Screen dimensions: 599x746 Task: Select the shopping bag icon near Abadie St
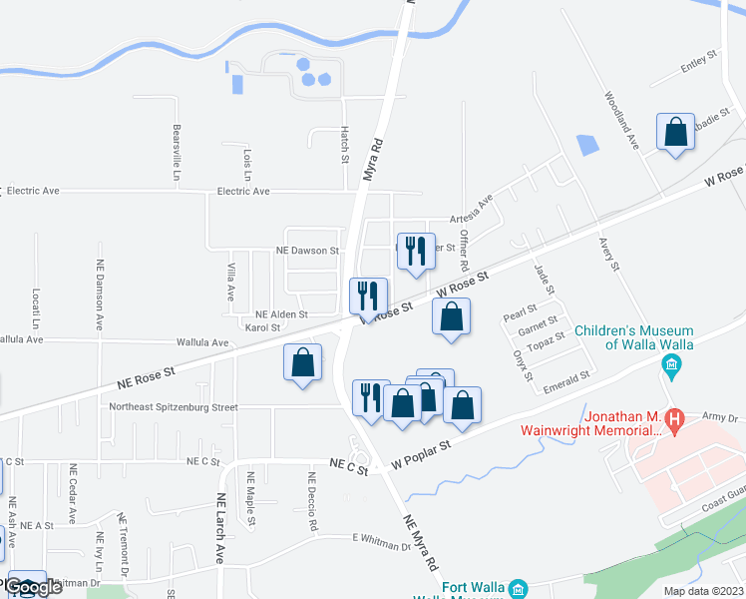tap(675, 132)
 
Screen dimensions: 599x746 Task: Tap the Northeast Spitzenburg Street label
tap(174, 407)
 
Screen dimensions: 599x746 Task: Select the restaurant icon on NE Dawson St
tap(416, 252)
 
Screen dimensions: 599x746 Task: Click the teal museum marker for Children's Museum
tap(672, 367)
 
